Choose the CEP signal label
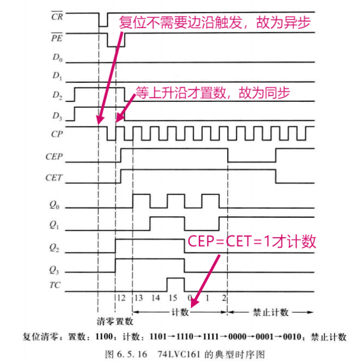coord(55,158)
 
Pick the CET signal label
coord(55,177)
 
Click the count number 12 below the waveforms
coord(121,299)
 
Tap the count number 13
coord(139,299)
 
